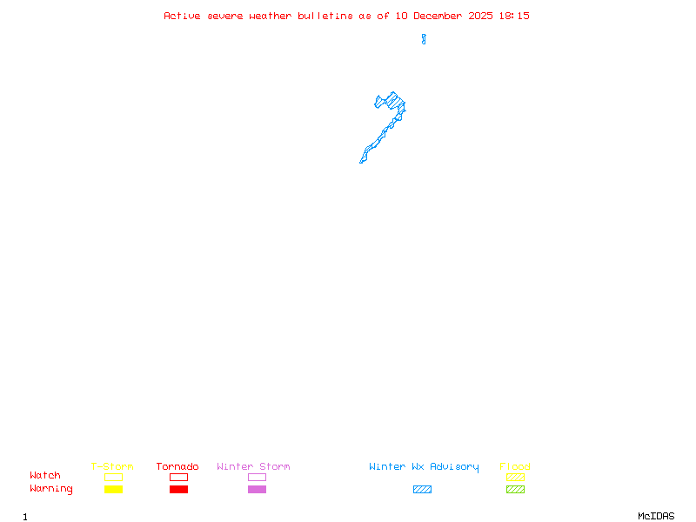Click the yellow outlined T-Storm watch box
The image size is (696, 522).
coord(113,477)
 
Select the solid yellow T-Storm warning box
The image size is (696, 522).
coord(113,489)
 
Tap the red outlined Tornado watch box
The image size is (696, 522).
coord(178,477)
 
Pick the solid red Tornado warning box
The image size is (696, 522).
coord(178,489)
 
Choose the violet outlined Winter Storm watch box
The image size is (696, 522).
coord(257,477)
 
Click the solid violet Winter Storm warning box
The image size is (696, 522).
coord(257,489)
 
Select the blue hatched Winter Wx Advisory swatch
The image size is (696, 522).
coord(422,489)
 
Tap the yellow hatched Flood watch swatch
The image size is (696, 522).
coord(515,477)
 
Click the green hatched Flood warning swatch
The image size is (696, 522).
coord(515,489)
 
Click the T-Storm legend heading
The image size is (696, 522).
coord(112,466)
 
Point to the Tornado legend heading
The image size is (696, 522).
coord(177,466)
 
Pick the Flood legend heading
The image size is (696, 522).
coord(515,466)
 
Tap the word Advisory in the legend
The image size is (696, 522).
coord(454,466)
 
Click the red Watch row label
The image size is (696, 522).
coord(45,476)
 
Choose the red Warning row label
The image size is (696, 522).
coord(50,489)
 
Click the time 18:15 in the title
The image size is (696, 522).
coord(514,16)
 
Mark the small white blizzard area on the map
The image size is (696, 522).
coord(424,28)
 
